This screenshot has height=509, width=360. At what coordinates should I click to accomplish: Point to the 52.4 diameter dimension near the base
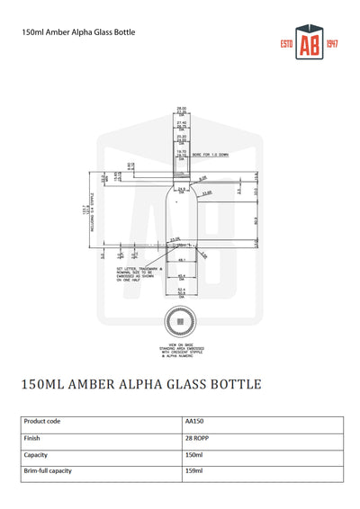181,289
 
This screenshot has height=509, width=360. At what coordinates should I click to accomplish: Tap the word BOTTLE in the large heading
231,384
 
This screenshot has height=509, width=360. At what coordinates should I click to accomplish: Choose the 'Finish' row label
33,438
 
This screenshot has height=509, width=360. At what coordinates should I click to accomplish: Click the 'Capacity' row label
37,454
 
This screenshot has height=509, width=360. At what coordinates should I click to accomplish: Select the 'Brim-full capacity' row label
48,470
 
